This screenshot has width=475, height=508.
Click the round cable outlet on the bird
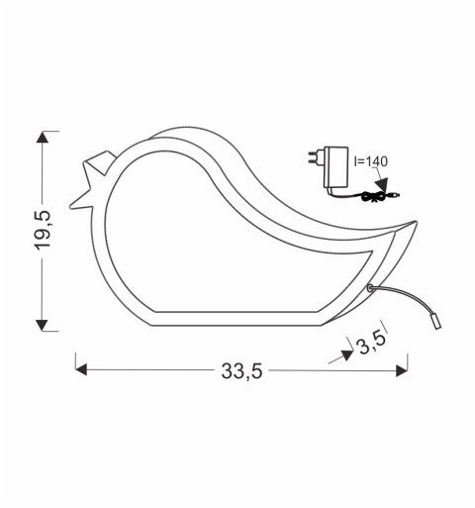[x=370, y=289]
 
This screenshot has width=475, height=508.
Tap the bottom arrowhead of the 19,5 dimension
[x=41, y=325]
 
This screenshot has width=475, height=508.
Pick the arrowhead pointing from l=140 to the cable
[x=379, y=188]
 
